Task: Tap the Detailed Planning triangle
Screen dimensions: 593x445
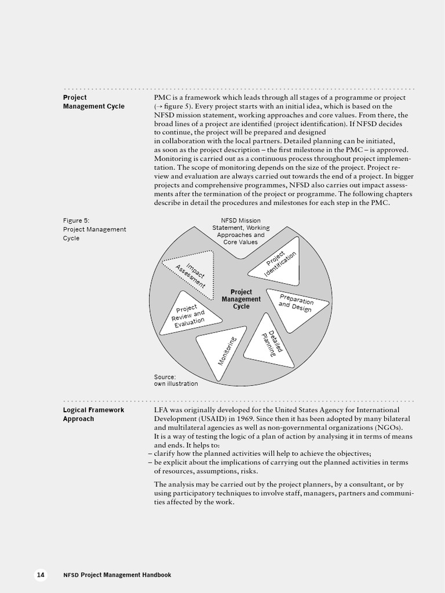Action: [x=270, y=343]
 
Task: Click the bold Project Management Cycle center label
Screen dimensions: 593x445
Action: [x=241, y=299]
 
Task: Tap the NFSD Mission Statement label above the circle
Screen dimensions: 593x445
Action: [x=240, y=231]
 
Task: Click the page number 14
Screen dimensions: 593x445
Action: [x=41, y=575]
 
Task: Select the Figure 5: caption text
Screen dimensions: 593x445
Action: [x=76, y=220]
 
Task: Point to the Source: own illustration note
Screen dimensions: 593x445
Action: [x=176, y=380]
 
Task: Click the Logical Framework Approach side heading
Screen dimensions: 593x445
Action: [x=93, y=414]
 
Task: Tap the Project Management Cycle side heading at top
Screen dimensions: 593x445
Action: [x=93, y=102]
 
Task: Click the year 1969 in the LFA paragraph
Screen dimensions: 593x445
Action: [x=240, y=418]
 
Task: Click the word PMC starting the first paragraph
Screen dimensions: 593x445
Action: [x=163, y=98]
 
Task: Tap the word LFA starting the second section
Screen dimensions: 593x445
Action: [x=162, y=409]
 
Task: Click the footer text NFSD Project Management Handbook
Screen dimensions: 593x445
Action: [x=117, y=575]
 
